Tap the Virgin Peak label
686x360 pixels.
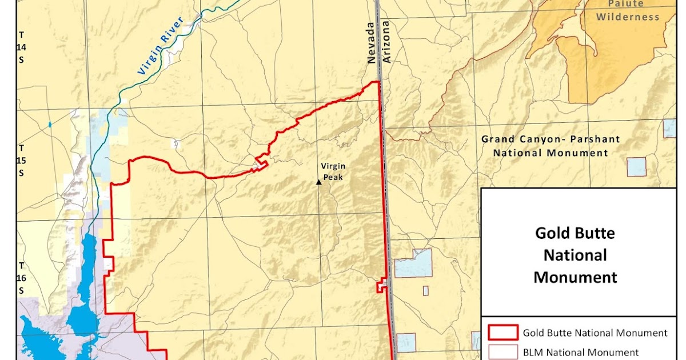pos(333,171)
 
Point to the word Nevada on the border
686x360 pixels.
pos(373,43)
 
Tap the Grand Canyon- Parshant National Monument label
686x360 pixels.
pos(551,146)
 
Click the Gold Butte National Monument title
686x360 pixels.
pos(575,255)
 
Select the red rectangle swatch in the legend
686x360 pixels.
pos(502,333)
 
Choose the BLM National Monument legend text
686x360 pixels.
pos(581,352)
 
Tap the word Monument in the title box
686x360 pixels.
pos(575,277)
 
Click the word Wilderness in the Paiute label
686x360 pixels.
pos(628,17)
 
